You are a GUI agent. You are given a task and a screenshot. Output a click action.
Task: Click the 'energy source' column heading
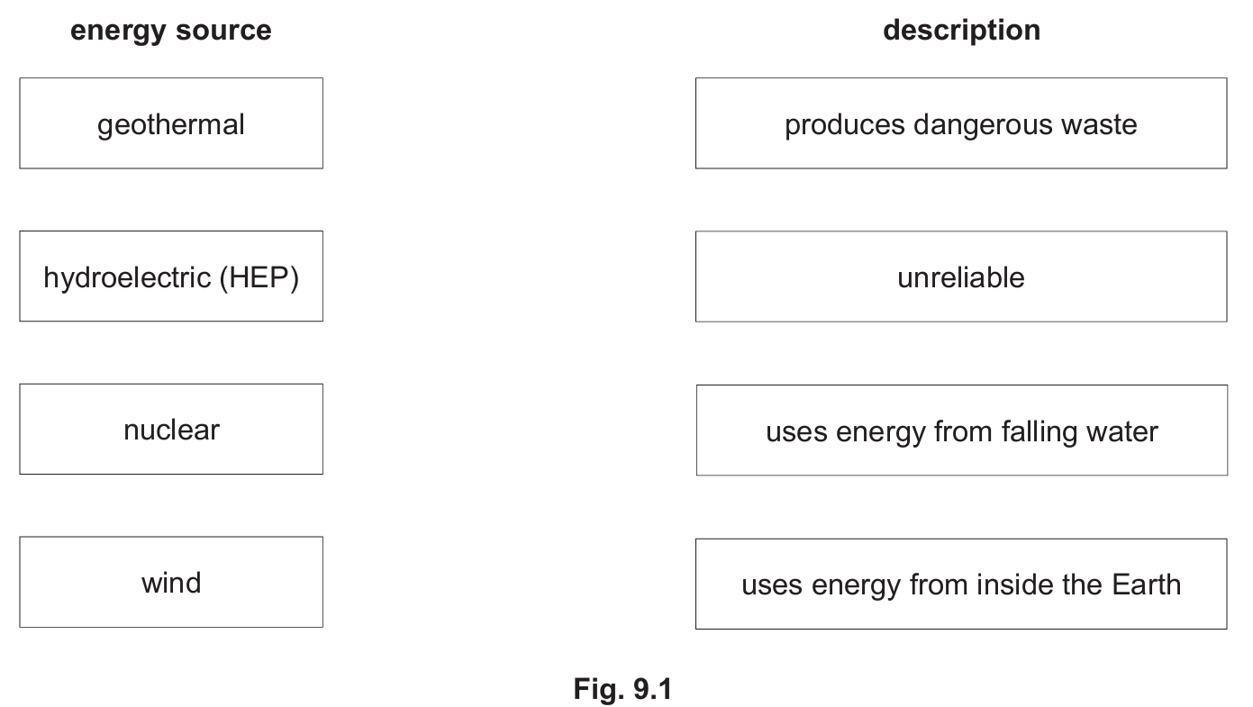pyautogui.click(x=170, y=32)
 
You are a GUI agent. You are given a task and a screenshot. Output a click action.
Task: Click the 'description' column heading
pyautogui.click(x=961, y=32)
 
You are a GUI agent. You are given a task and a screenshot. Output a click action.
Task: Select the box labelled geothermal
pyautogui.click(x=171, y=123)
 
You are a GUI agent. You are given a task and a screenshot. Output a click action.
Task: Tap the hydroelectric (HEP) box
pyautogui.click(x=171, y=276)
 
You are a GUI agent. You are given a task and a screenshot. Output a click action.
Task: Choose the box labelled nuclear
pyautogui.click(x=171, y=429)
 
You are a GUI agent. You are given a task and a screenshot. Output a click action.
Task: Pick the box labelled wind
pyautogui.click(x=171, y=583)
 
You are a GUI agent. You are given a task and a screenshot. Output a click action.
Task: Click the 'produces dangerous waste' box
pyautogui.click(x=961, y=123)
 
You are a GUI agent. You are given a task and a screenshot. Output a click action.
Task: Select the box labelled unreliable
pyautogui.click(x=961, y=276)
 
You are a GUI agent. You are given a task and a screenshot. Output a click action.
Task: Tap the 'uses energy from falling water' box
pyautogui.click(x=961, y=431)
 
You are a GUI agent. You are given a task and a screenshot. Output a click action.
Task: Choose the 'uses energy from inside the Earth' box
pyautogui.click(x=961, y=584)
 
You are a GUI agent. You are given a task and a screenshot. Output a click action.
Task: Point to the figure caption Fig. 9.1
pyautogui.click(x=622, y=689)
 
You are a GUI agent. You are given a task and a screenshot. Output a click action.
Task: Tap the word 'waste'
pyautogui.click(x=1099, y=124)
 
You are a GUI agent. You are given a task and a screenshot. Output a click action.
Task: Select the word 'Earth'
pyautogui.click(x=1146, y=585)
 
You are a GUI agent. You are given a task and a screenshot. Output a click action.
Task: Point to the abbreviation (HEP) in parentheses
pyautogui.click(x=259, y=278)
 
